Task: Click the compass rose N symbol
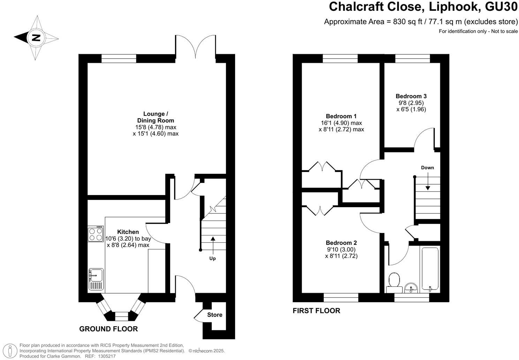click(x=36, y=38)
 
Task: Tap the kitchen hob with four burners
click(x=96, y=234)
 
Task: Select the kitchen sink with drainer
click(x=96, y=279)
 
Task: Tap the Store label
click(x=215, y=315)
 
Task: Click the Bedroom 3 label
click(x=411, y=96)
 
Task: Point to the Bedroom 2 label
click(x=341, y=243)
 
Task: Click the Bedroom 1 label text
click(x=341, y=116)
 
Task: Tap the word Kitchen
click(x=128, y=232)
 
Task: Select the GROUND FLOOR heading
click(x=108, y=329)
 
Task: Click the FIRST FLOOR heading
click(x=316, y=310)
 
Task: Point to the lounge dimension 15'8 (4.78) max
click(x=156, y=127)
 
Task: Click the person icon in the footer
click(x=12, y=350)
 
